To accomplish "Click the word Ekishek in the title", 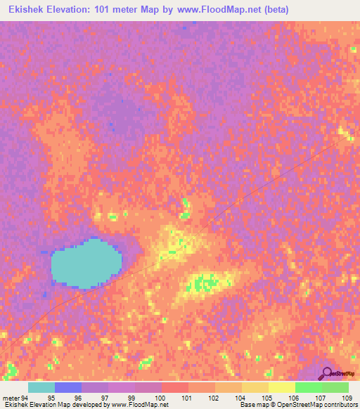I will (x=29, y=11).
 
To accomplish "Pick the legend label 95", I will (x=68, y=397).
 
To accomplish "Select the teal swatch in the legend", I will (x=41, y=387).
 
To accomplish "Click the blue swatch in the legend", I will (x=68, y=387).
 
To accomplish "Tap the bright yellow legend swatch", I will (x=282, y=387).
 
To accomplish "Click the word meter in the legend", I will (x=11, y=397).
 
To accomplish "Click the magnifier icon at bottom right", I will (x=325, y=374).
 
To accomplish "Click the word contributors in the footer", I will (x=342, y=405).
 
